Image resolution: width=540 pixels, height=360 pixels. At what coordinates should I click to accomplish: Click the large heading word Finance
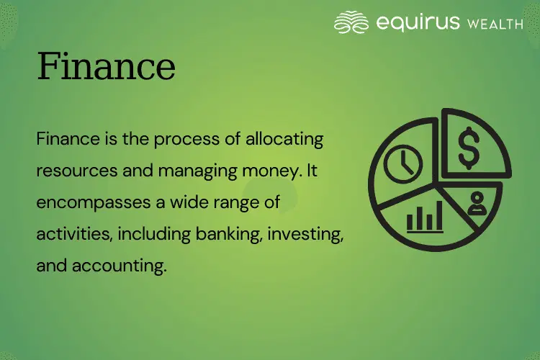click(106, 67)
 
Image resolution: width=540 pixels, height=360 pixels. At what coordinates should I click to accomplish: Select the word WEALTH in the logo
click(495, 23)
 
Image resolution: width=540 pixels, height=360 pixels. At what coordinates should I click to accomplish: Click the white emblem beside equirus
click(353, 22)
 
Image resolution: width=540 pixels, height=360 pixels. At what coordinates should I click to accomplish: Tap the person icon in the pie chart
click(476, 204)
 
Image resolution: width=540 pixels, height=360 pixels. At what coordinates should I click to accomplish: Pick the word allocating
click(284, 138)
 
